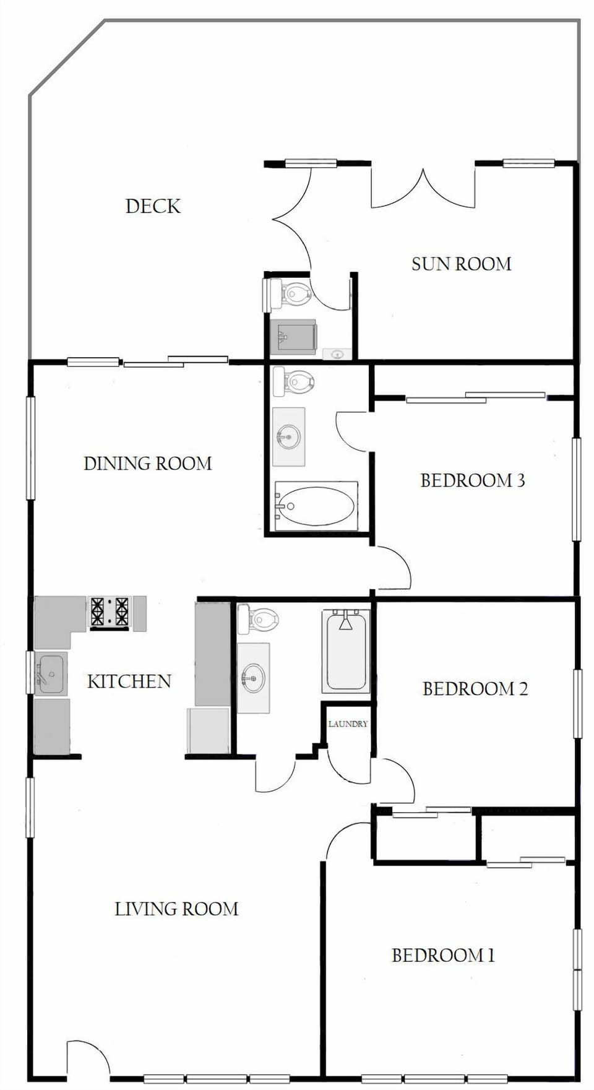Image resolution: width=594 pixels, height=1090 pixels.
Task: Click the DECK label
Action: [153, 206]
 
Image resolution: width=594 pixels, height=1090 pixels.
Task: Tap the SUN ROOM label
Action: [461, 264]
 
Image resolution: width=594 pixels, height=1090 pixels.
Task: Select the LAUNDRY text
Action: [348, 724]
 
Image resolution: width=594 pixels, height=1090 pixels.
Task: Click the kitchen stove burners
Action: [110, 611]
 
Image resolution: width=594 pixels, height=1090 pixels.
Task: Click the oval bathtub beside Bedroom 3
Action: [316, 506]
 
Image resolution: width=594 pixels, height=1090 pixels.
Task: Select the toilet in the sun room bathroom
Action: [293, 293]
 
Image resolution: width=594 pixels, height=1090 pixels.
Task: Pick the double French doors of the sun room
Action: [423, 189]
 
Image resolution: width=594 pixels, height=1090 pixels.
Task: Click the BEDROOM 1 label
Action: [443, 955]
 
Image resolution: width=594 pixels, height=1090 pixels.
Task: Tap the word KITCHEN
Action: [129, 681]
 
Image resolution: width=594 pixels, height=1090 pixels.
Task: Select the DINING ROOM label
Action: [147, 464]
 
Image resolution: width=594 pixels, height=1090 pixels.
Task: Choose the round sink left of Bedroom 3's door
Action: [288, 437]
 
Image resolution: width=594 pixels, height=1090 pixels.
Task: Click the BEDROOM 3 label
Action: [472, 480]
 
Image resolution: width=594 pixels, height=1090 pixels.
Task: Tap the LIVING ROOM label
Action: [176, 909]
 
